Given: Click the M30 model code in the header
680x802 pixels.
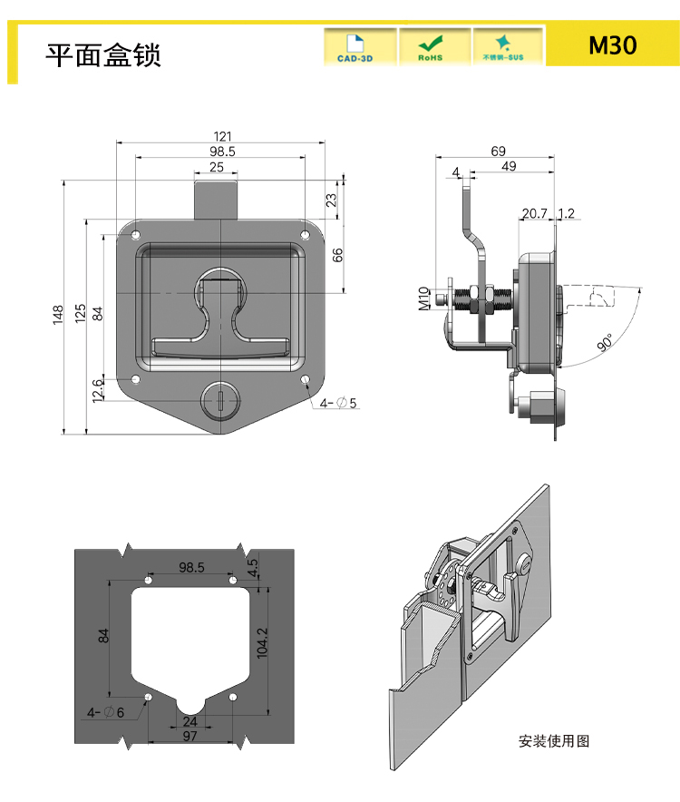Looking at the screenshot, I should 612,45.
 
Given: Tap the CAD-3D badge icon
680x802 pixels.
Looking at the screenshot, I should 360,47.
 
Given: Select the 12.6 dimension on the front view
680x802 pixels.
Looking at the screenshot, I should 98,389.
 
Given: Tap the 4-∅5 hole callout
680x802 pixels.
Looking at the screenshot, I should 338,403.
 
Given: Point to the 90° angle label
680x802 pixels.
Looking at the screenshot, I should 605,342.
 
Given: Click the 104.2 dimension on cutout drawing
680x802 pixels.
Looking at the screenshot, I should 262,644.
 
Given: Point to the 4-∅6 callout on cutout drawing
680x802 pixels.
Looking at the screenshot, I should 106,713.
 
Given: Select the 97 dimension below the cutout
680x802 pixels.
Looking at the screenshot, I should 189,736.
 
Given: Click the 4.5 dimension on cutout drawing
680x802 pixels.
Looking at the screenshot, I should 253,568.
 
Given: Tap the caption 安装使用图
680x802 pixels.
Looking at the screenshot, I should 554,741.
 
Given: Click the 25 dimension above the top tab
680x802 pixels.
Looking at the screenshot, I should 217,168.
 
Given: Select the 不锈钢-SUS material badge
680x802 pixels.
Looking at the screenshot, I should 506,47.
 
